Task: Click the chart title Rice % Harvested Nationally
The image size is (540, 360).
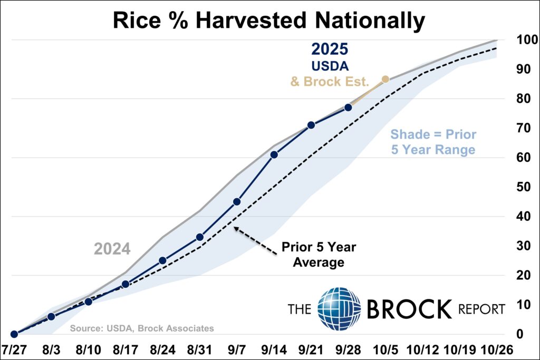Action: point(268,21)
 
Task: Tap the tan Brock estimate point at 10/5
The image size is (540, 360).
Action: point(385,79)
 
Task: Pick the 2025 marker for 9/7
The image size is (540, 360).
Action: point(237,201)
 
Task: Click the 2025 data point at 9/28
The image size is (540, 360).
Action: point(348,108)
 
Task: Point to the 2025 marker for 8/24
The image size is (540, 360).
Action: point(162,260)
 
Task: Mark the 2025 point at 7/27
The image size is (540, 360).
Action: point(14,334)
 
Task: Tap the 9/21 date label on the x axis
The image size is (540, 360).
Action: point(311,350)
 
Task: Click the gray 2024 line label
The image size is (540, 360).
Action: point(112,249)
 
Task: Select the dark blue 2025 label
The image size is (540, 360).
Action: point(330,50)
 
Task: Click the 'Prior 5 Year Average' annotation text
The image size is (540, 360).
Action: point(319,254)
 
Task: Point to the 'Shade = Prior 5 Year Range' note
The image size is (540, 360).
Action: point(432,142)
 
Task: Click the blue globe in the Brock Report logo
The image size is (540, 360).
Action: point(339,309)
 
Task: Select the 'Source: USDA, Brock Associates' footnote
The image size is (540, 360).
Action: point(142,328)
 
